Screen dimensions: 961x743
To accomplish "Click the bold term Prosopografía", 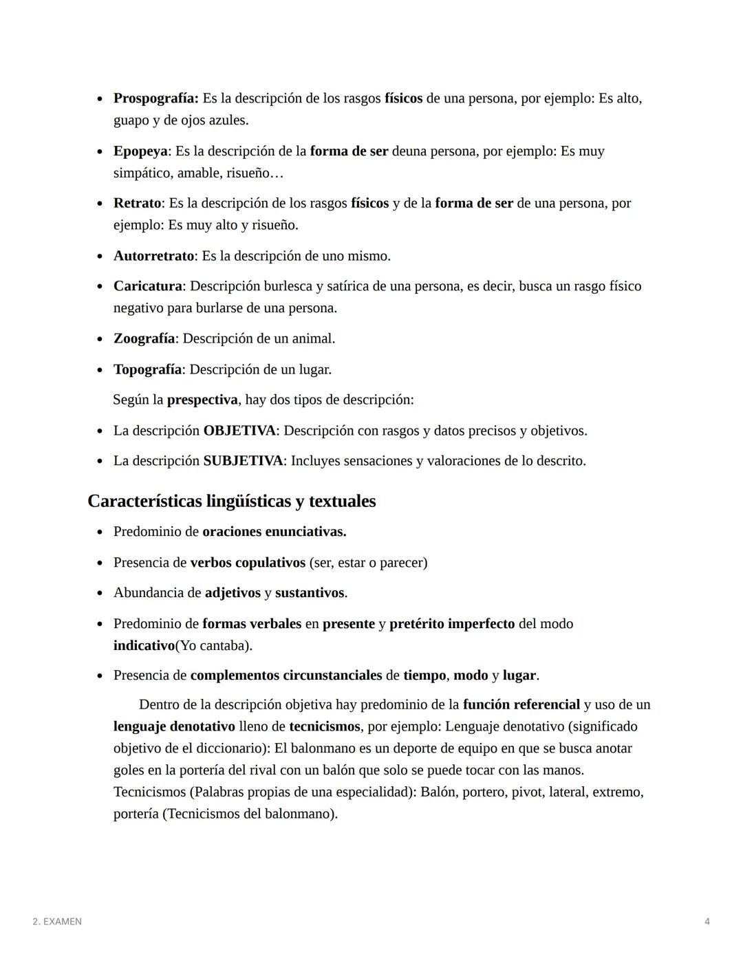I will click(155, 98).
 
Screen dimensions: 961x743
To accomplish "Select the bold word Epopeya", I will click(140, 151).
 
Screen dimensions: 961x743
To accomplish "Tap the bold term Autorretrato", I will click(153, 256).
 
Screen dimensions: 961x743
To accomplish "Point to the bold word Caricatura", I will click(148, 286).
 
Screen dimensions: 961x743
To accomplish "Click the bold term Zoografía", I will click(144, 338).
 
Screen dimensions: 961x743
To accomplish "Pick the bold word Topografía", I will click(147, 369).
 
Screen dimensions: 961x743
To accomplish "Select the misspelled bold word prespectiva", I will click(202, 400).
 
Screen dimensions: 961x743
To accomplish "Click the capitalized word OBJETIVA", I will click(239, 431).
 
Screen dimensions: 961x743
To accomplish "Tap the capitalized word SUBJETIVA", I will click(243, 461).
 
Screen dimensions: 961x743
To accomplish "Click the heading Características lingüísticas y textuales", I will click(232, 501).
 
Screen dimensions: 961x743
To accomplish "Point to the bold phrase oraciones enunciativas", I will click(274, 532).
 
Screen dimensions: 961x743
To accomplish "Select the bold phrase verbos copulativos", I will click(248, 563).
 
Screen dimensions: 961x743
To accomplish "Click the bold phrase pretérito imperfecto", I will click(452, 624).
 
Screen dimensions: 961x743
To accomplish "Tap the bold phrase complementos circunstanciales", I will click(286, 676).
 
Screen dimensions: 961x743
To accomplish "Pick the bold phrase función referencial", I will click(521, 704).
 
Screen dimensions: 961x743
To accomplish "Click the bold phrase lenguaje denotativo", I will click(174, 726).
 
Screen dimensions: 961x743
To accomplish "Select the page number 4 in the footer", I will click(707, 922).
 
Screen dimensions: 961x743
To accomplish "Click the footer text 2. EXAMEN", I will click(57, 922).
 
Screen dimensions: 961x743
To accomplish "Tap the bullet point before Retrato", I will click(100, 204).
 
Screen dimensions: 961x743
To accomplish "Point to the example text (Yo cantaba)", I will click(214, 646).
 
